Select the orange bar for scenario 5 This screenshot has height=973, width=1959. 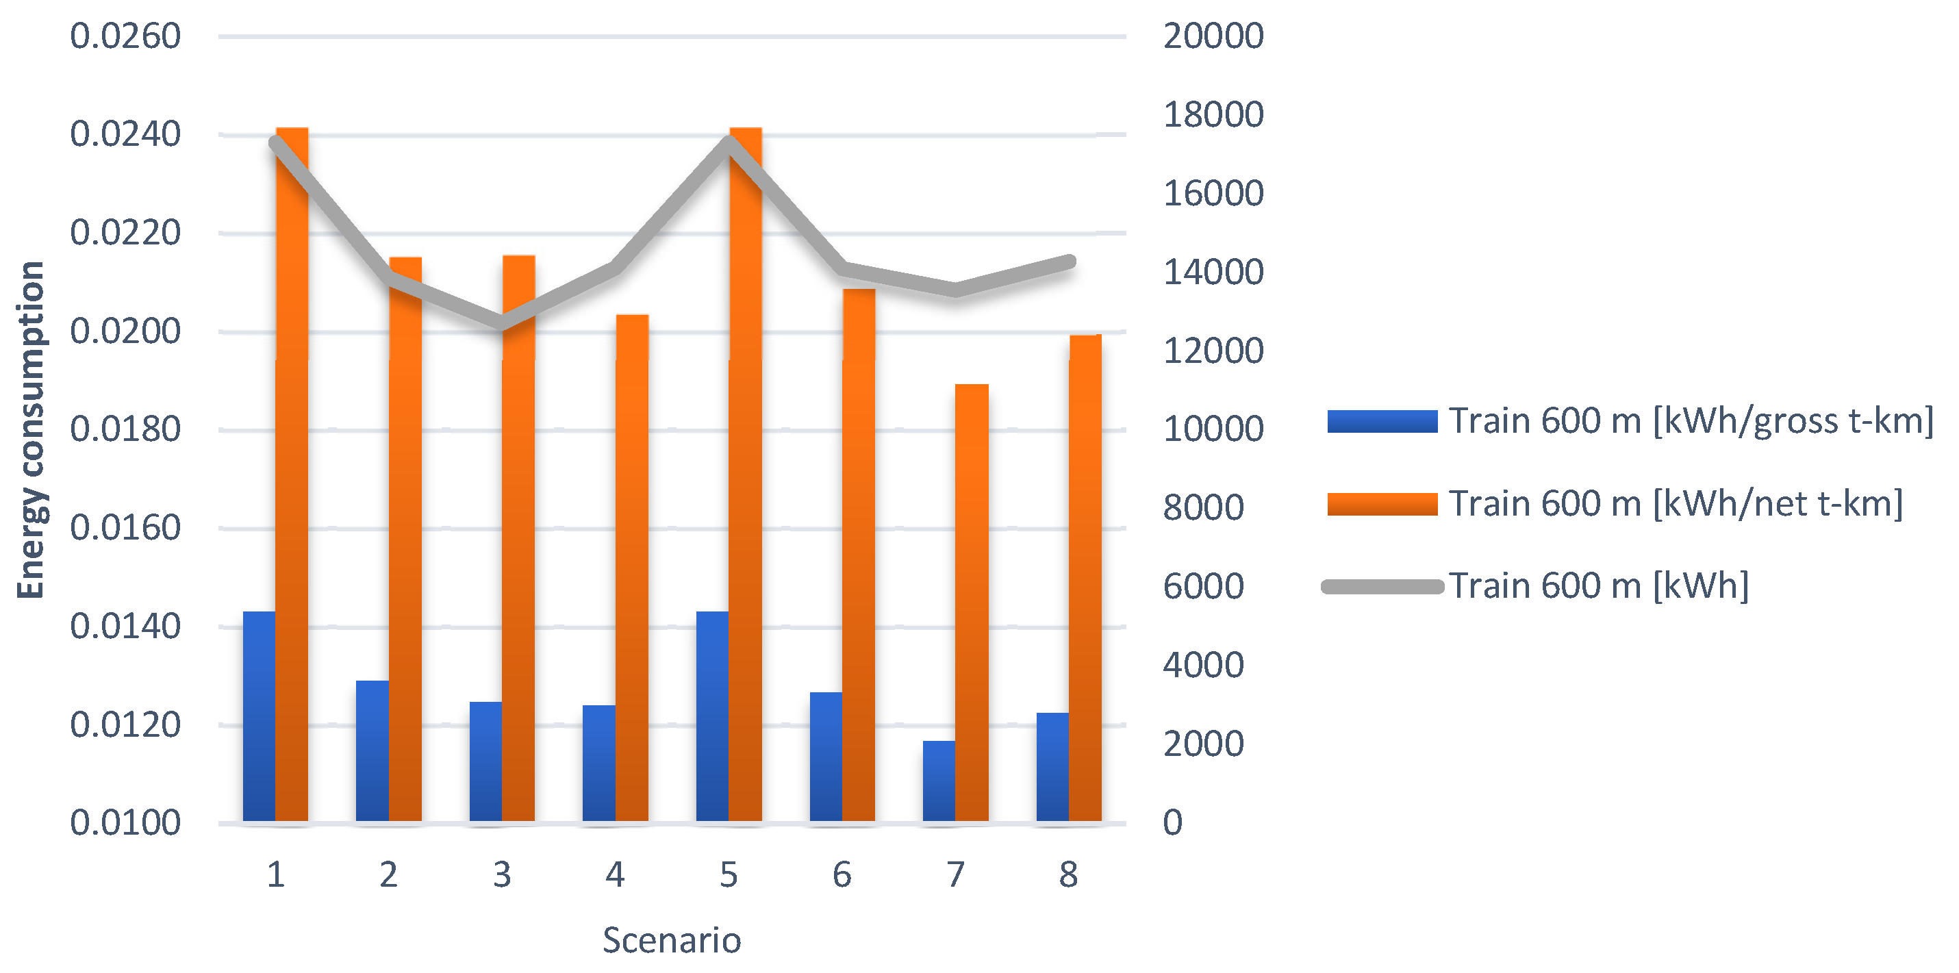point(745,475)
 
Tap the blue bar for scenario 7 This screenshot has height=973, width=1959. point(939,781)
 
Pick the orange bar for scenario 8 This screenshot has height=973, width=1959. point(1085,578)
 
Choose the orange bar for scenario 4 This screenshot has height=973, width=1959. point(632,568)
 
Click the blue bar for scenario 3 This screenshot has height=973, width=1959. point(485,761)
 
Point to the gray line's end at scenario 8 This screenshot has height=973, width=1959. point(1070,262)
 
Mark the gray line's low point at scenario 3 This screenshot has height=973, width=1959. point(502,323)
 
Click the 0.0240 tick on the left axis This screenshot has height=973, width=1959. point(125,135)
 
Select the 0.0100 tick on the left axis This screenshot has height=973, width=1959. point(125,823)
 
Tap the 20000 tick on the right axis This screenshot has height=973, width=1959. point(1213,36)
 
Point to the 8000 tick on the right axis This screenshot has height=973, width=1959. point(1203,507)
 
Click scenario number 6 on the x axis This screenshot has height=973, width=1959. point(842,875)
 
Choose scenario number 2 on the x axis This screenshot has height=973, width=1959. point(389,875)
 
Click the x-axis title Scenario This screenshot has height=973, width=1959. point(672,940)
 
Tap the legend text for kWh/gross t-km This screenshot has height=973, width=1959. point(1690,420)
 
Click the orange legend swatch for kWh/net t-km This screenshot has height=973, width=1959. point(1382,503)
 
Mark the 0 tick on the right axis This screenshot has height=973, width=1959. point(1173,823)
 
